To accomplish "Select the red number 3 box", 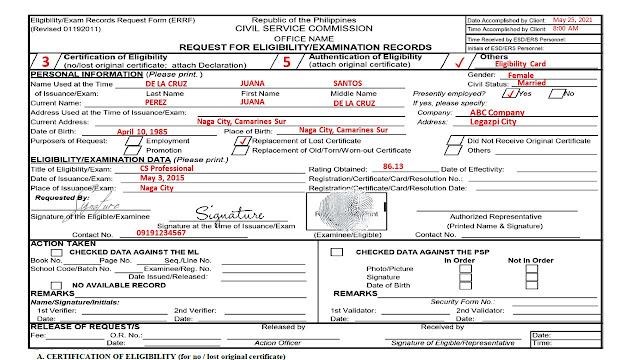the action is click(x=45, y=61).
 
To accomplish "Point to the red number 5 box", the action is click(x=288, y=61).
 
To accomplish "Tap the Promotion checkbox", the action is click(x=124, y=150).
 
